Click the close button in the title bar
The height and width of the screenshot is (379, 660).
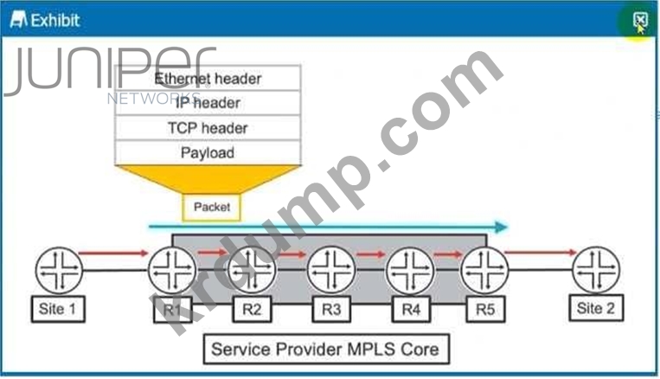639,20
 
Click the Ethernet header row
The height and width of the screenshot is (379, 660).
208,78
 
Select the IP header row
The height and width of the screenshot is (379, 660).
208,103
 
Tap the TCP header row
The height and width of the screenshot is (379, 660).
208,128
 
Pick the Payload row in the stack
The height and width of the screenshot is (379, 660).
208,153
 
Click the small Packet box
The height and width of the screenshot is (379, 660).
212,207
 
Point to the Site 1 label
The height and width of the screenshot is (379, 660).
59,308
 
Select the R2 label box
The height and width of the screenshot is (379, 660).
252,308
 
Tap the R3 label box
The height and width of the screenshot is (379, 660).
331,308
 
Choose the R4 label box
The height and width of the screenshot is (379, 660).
410,308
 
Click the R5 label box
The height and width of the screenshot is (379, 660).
484,308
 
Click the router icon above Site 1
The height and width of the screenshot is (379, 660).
59,269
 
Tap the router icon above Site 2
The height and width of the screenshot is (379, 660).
596,269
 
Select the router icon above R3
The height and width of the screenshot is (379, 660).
331,269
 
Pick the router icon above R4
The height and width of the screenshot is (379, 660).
410,269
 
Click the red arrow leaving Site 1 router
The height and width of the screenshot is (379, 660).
113,253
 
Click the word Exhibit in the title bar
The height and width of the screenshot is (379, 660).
55,20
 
